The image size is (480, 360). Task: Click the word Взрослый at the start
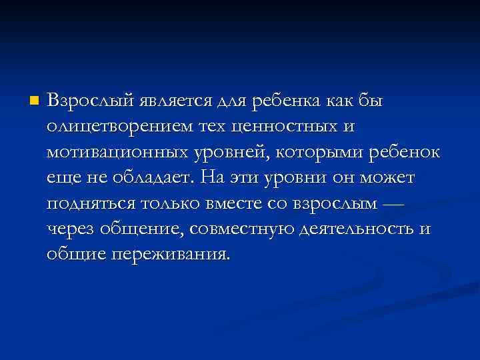(89, 101)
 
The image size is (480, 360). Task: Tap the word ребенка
(287, 101)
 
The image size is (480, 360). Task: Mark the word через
(71, 229)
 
